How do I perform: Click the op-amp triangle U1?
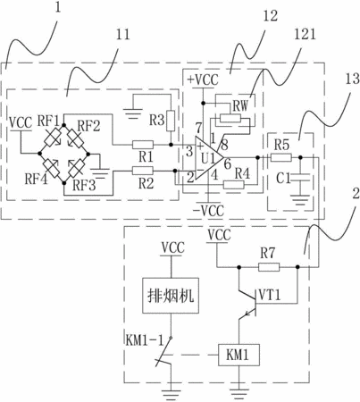[208, 159]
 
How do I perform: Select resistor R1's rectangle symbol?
[143, 145]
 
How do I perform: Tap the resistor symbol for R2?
[143, 171]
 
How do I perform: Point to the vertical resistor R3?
[171, 121]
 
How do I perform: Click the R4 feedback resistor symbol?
[234, 185]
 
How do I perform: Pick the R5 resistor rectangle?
[281, 157]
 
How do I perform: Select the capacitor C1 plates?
[300, 179]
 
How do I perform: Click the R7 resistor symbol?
[269, 267]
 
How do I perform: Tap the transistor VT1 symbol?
[247, 301]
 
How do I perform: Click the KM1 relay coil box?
[239, 355]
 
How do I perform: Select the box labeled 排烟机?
[171, 296]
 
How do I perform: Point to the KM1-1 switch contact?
[164, 352]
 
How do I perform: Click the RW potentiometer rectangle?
[230, 119]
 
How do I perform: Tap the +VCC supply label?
[203, 80]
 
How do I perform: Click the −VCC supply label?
[208, 211]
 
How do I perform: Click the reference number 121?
[305, 35]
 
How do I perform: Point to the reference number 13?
[352, 79]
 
